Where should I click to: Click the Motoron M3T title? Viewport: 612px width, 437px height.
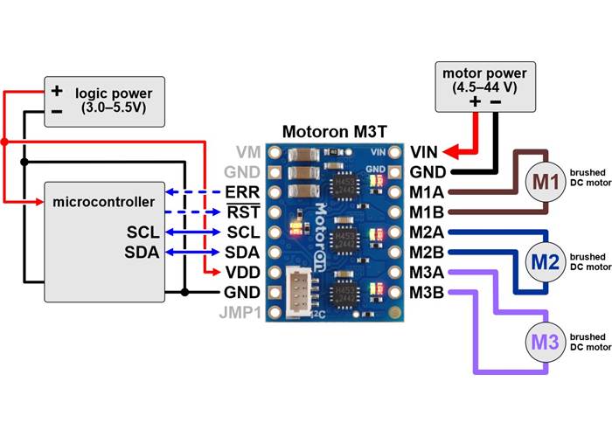[x=335, y=133]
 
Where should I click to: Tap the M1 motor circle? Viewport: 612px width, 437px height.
[x=545, y=182]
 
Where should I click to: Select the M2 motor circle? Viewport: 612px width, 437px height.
[x=545, y=261]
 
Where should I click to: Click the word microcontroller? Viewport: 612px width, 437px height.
[x=104, y=203]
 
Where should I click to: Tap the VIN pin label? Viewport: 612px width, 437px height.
[x=425, y=151]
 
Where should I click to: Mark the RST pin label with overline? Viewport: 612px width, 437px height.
[x=242, y=212]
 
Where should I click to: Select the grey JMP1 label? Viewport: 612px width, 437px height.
[x=242, y=312]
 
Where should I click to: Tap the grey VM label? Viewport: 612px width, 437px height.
[x=247, y=151]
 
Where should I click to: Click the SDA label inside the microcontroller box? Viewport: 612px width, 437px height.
[x=142, y=253]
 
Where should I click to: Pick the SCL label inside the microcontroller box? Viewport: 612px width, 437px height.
[x=142, y=232]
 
